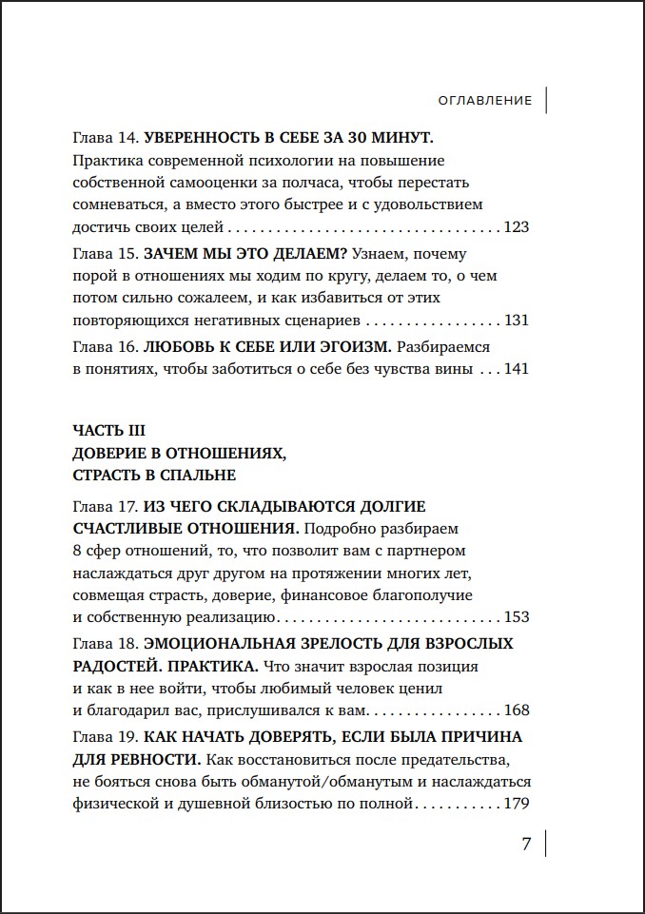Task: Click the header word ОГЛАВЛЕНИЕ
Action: tap(485, 100)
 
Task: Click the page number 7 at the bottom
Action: tap(526, 845)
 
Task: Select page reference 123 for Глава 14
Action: tap(515, 227)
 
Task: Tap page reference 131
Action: tap(515, 321)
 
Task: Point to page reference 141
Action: tap(515, 368)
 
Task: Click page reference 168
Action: tap(515, 710)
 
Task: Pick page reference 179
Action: tap(515, 804)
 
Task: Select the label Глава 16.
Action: tap(106, 346)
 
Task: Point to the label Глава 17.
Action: tap(106, 504)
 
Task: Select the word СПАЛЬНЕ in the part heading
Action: tap(196, 475)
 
